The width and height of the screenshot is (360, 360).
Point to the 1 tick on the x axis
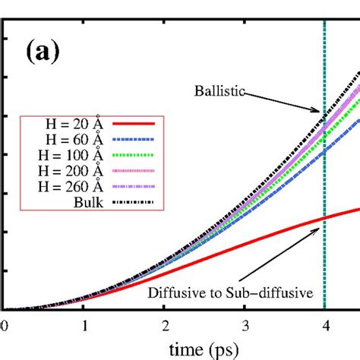(x=86, y=324)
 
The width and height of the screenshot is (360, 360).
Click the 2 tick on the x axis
(x=165, y=324)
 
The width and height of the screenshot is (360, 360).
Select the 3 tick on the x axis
(x=245, y=324)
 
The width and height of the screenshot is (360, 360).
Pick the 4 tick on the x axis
(x=324, y=324)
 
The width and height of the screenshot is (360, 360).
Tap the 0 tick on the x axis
(x=5, y=324)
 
